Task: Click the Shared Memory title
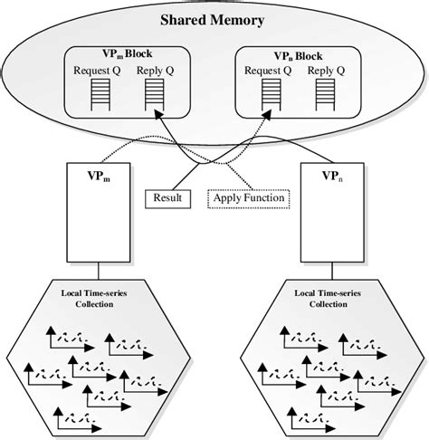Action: pos(214,19)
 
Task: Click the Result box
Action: pos(167,196)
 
